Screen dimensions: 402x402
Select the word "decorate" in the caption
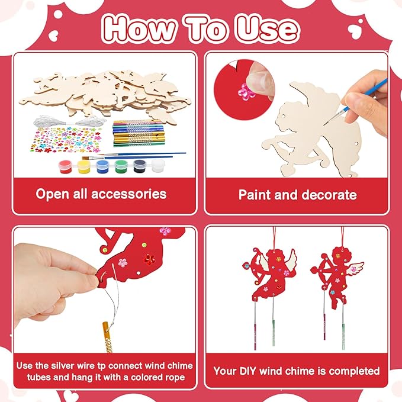pyautogui.click(x=329, y=194)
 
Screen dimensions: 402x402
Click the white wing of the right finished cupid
pyautogui.click(x=355, y=269)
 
